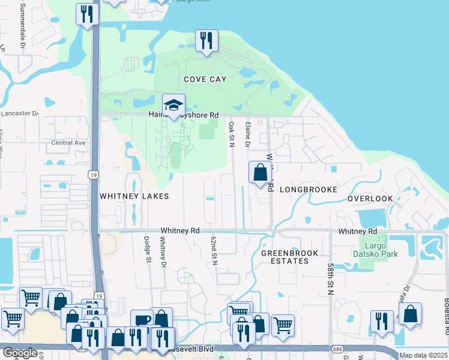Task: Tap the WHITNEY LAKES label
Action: point(134,196)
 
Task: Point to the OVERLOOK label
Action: point(370,199)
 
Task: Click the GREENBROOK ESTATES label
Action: point(290,257)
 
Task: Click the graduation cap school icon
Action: point(173,105)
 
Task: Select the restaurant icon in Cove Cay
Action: point(206,41)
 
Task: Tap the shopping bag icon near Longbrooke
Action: point(260,172)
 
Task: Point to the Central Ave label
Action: point(68,143)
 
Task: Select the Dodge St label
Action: point(147,248)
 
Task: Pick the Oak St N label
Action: point(231,134)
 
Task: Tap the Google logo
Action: point(20,353)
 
